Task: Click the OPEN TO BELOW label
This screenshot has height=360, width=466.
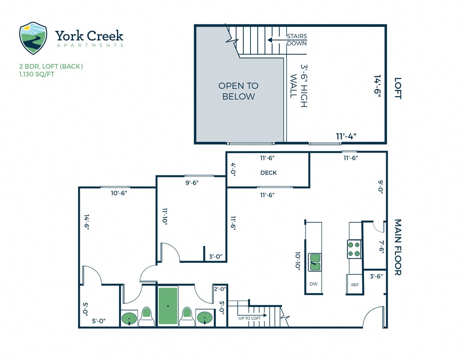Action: [238, 91]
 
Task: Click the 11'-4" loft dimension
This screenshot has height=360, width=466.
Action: [346, 136]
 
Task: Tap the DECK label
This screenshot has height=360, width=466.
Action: [268, 173]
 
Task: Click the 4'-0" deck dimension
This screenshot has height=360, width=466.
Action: [233, 169]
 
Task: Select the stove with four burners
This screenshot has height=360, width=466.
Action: [354, 250]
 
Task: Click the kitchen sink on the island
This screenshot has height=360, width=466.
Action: [315, 262]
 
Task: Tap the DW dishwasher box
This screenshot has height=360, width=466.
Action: [313, 284]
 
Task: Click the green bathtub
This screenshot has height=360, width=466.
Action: [168, 305]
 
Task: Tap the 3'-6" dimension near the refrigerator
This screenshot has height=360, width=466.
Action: [376, 276]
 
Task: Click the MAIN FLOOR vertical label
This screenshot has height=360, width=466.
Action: [398, 247]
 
